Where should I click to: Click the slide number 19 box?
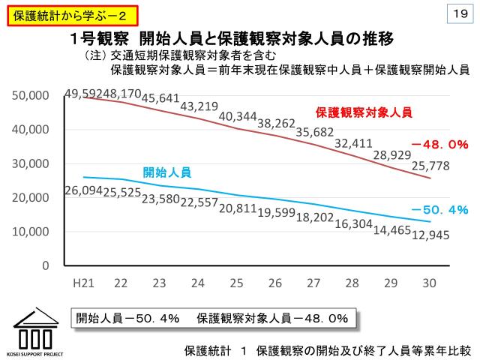coord(460,13)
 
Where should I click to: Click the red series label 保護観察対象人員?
coord(364,112)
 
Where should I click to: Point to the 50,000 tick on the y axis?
coord(31,96)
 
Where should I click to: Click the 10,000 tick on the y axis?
coord(31,232)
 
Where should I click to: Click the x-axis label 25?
coord(236,283)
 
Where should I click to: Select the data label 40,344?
coord(238,116)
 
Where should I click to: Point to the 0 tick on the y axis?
coord(45,266)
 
